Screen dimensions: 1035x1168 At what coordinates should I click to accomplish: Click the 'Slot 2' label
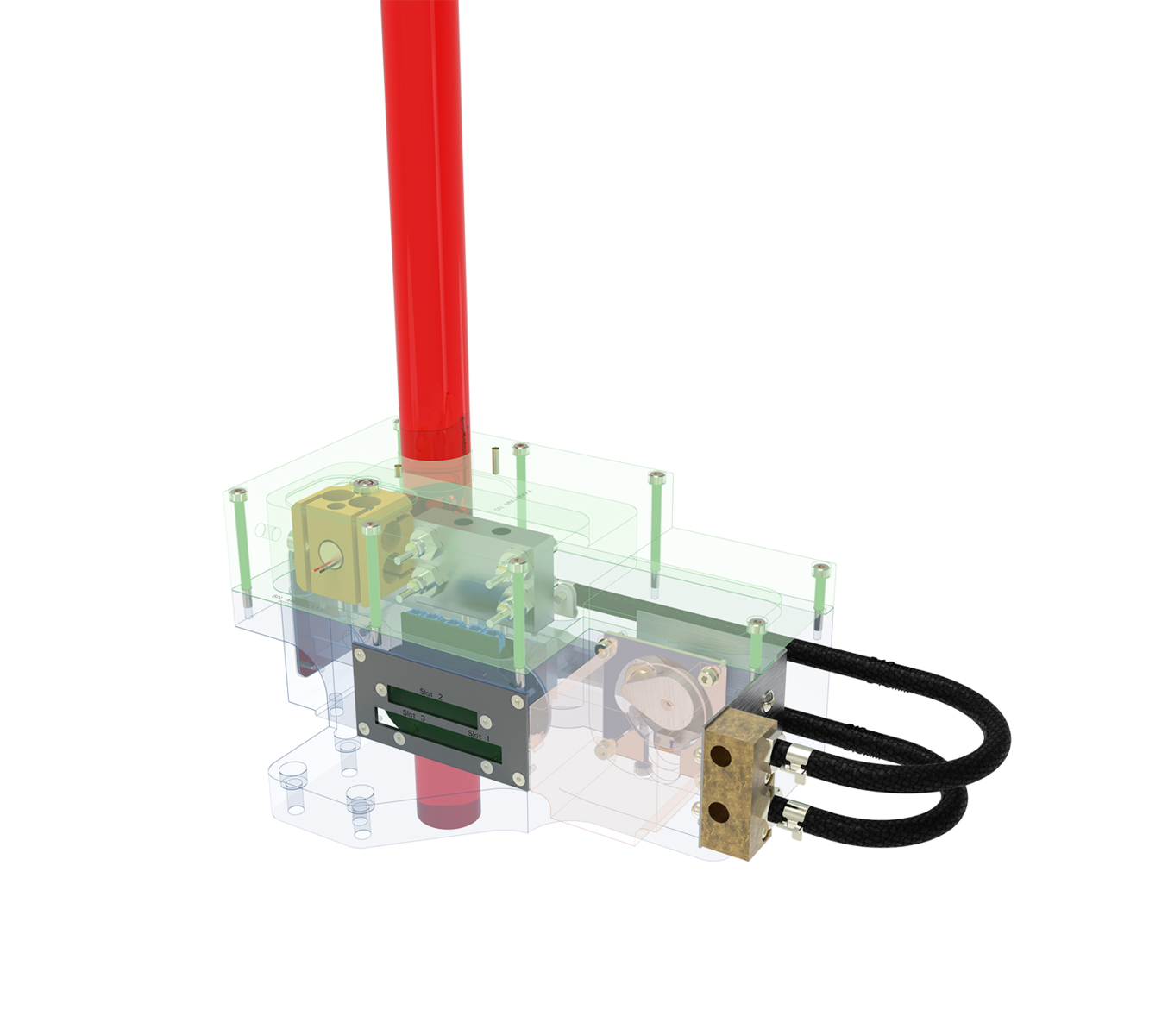(430, 692)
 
